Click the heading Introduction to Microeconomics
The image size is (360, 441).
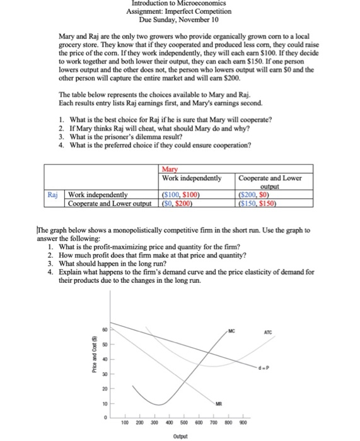click(180, 4)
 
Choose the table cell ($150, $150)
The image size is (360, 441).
click(258, 202)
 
